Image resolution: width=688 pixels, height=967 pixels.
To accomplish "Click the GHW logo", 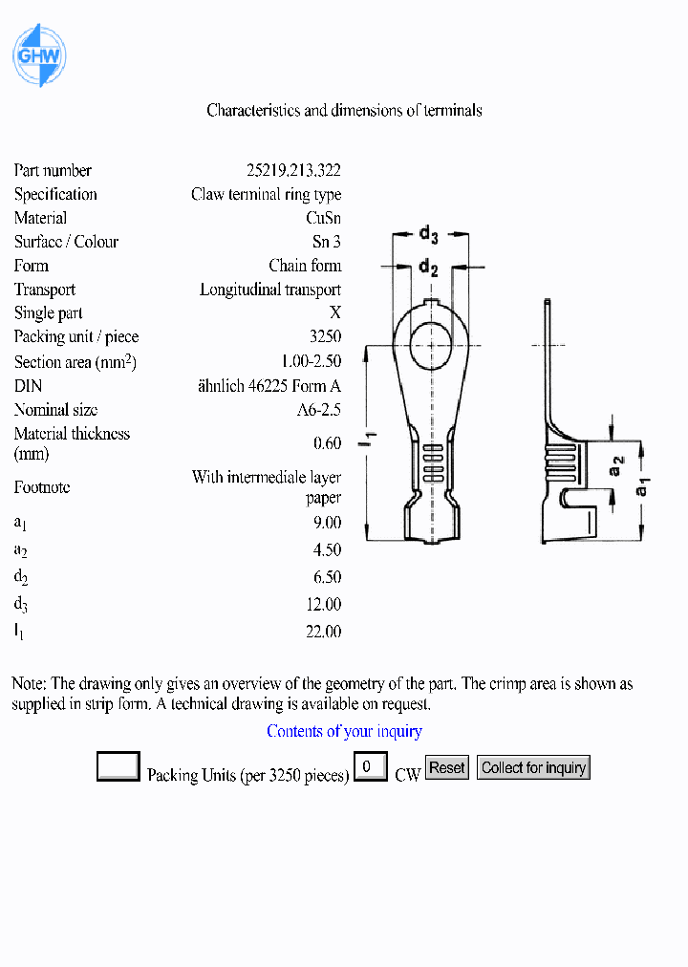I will [38, 56].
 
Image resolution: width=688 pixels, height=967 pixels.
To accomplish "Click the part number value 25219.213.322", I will [293, 171].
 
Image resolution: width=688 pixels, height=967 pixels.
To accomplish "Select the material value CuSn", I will [323, 218].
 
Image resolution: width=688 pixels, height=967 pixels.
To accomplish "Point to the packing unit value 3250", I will [325, 337].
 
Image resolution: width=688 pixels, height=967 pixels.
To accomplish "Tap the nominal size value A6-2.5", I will [318, 410].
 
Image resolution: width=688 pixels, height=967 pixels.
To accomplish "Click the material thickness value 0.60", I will [327, 442].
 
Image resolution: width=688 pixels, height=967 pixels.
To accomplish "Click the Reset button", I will [446, 767].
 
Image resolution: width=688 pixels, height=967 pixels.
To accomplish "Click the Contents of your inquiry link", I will [344, 731].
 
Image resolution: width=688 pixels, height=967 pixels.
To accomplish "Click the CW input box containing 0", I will [370, 766].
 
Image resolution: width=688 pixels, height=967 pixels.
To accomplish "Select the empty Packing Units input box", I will [118, 766].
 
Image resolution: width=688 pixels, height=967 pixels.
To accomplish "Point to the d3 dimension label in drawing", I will [429, 234].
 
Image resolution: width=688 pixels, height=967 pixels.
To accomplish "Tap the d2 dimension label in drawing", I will [428, 268].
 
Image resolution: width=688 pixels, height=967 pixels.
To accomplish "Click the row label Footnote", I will [42, 487].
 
